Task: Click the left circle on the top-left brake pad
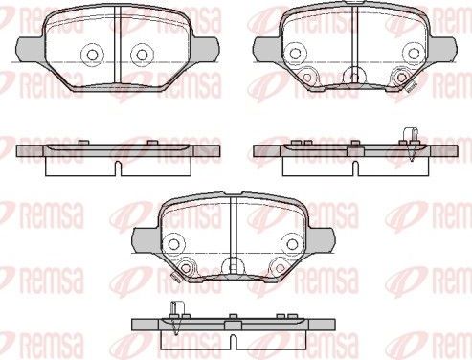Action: point(93,54)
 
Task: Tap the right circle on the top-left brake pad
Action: point(141,54)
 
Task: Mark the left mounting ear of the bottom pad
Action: point(141,235)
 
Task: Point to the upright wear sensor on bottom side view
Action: point(178,314)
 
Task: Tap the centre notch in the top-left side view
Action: point(117,165)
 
